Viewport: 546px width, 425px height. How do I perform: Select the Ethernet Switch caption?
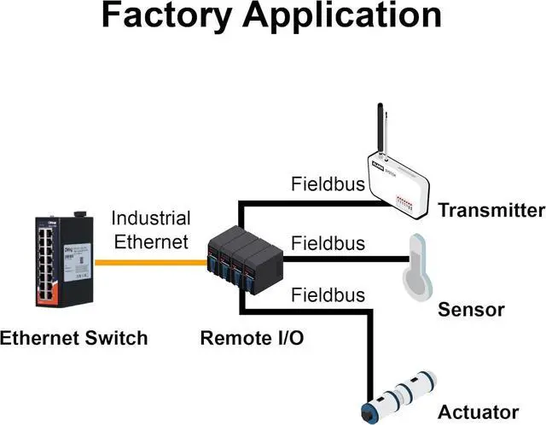73,338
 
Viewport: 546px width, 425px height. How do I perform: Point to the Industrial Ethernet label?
150,230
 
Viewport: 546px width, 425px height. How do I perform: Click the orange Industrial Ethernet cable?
149,262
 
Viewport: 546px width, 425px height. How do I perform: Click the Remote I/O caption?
252,338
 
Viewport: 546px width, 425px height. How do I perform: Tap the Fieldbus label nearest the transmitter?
328,183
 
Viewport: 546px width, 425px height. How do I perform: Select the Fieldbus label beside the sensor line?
328,243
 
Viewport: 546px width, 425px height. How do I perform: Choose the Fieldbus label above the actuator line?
328,295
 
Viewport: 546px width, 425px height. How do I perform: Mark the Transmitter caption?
491,211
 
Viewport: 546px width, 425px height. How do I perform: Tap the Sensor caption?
471,310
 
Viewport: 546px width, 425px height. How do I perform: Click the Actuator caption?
478,412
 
